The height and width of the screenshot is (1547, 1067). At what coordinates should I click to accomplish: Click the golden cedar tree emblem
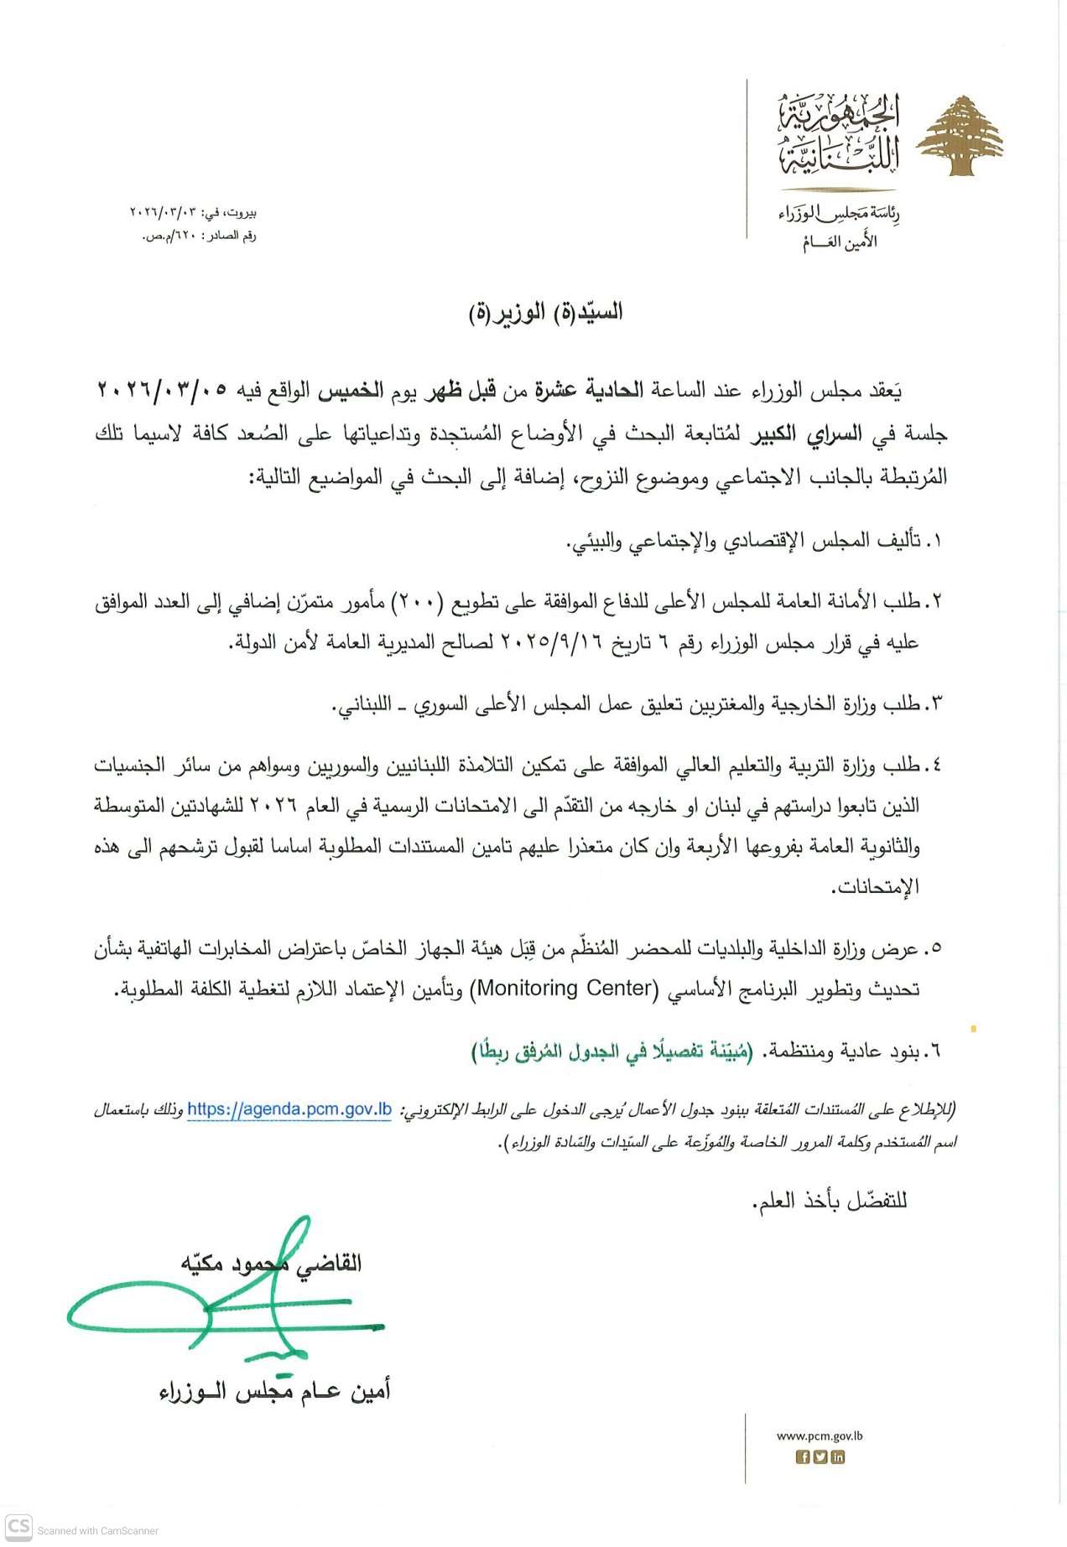(x=960, y=136)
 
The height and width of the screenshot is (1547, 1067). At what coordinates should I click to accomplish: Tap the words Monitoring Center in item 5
(x=564, y=989)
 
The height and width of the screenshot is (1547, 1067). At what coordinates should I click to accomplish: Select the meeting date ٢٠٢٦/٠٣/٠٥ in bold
(x=163, y=390)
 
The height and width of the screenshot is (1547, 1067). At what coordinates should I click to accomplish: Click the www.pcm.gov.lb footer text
(x=820, y=1435)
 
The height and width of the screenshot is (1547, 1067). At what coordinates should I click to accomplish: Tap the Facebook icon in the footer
(x=803, y=1457)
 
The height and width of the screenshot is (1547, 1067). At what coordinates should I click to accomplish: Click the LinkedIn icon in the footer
(x=837, y=1457)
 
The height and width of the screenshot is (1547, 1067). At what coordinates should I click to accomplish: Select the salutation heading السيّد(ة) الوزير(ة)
(x=546, y=313)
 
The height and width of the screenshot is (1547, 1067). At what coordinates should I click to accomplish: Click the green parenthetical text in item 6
(x=612, y=1051)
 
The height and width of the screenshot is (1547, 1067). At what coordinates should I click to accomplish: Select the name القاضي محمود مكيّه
(x=271, y=1263)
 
